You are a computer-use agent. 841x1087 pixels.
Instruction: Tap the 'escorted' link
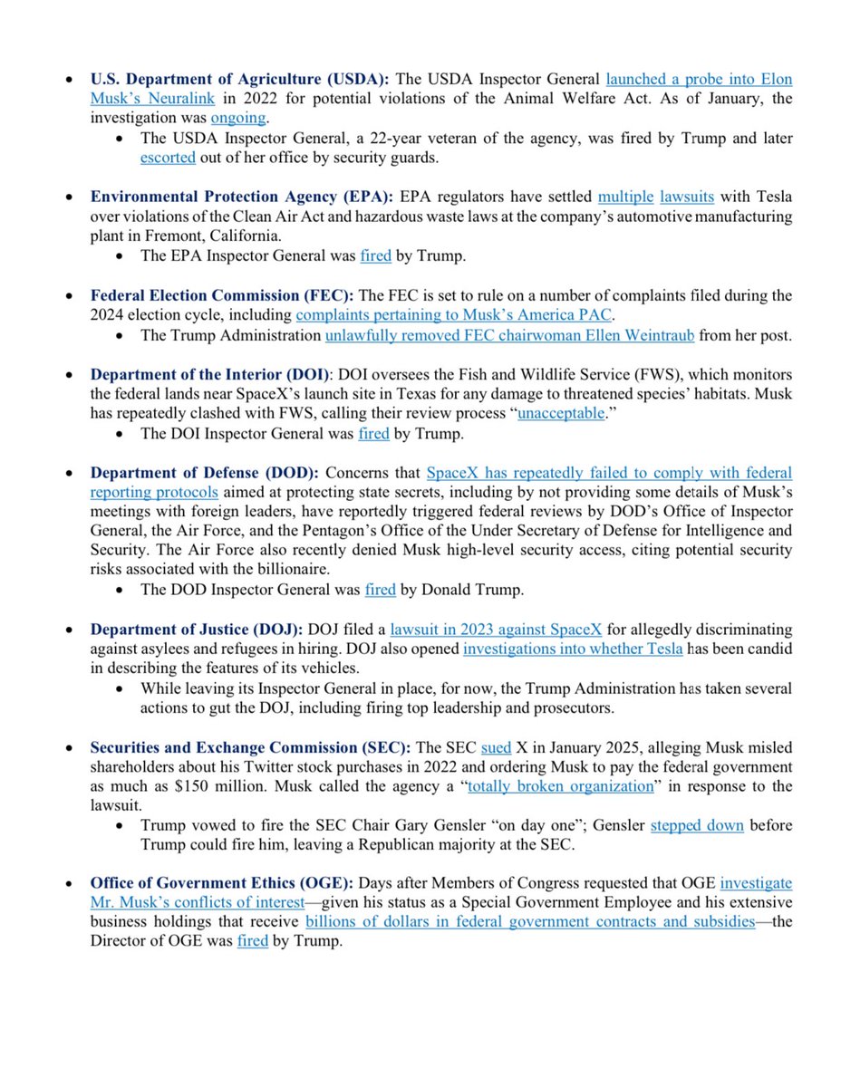pos(168,158)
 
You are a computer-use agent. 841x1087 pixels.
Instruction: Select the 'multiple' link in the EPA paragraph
pos(625,197)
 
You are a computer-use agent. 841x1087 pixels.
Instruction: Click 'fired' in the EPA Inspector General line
pos(375,256)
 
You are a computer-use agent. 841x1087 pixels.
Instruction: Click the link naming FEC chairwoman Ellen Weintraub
pos(510,336)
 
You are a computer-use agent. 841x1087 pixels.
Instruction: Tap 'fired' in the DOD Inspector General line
pos(380,591)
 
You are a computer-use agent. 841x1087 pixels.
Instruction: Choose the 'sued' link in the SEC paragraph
pos(496,748)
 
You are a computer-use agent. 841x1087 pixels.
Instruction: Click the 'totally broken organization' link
pos(560,787)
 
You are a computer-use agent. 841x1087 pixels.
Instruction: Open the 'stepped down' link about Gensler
pos(684,827)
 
